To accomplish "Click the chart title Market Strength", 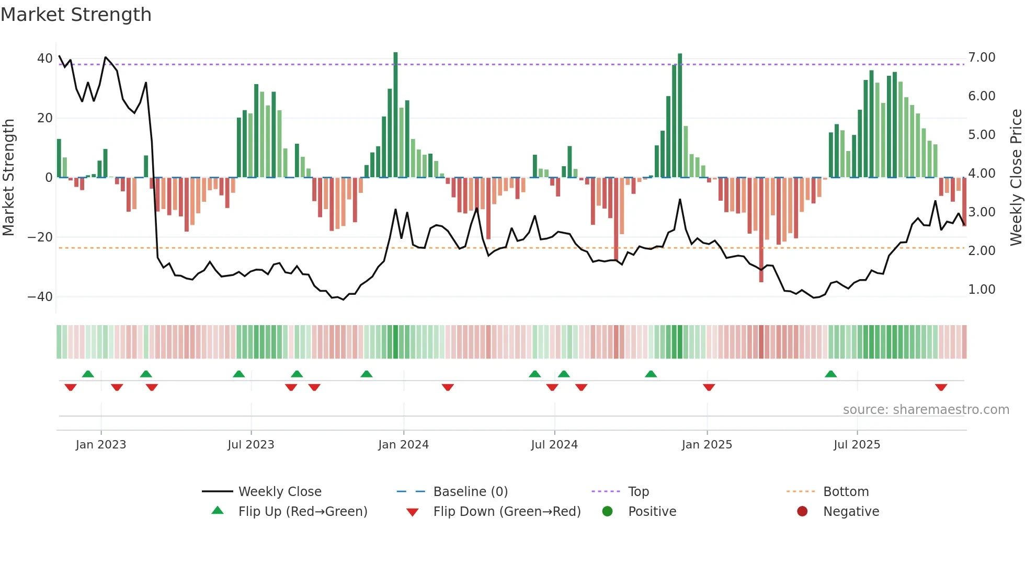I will (x=76, y=15).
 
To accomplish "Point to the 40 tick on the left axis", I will (x=45, y=59).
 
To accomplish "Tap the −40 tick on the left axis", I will (x=40, y=297).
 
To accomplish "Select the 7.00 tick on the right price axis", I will (x=982, y=57).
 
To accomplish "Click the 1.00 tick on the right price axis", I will (x=982, y=290).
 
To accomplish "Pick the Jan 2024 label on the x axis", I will (x=403, y=445).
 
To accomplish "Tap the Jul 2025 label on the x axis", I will (x=857, y=445).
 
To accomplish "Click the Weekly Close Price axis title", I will (x=1016, y=177).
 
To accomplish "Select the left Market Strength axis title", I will (x=9, y=177).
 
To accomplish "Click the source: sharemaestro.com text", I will (x=926, y=410).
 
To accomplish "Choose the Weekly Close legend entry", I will (x=280, y=492).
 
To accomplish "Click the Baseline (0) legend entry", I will (x=470, y=492).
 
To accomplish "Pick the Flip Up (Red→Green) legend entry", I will (x=302, y=512).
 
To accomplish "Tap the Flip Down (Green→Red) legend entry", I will (x=507, y=512).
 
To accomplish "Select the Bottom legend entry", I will (x=846, y=492).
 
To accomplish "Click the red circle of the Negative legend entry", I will (x=802, y=512).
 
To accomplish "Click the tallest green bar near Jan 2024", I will (x=395, y=115).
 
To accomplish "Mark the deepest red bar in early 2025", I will (x=761, y=230).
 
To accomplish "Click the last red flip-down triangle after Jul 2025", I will (x=941, y=387).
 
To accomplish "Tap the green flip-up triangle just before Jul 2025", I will (x=830, y=374).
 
